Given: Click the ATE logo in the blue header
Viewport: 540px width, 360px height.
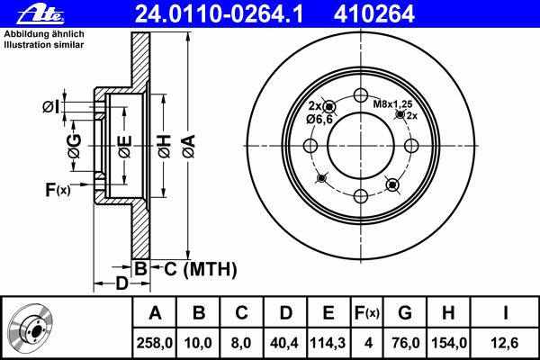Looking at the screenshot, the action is click(x=40, y=14).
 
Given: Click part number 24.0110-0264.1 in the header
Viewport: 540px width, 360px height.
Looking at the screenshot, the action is click(x=219, y=14).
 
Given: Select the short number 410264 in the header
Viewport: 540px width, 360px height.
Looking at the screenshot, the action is click(x=374, y=14).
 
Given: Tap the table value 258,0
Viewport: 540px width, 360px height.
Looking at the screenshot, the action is click(x=154, y=343).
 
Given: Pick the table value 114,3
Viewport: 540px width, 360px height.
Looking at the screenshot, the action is click(x=328, y=343).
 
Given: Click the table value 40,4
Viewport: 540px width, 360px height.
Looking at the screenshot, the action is click(x=284, y=343).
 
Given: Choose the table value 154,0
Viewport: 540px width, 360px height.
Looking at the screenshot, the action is click(x=449, y=343).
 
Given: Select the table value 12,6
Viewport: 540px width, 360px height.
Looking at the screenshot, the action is click(x=505, y=343).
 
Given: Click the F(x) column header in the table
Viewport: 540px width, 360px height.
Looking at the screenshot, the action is click(x=367, y=313).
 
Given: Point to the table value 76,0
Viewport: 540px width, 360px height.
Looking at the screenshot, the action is click(x=406, y=343).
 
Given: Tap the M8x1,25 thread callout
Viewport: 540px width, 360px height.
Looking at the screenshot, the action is click(x=393, y=103).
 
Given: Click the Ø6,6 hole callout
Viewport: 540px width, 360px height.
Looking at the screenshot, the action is click(x=319, y=120).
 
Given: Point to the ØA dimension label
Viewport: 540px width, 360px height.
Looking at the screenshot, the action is click(x=189, y=147).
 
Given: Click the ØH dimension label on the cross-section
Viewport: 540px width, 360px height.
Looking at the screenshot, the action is click(x=165, y=147).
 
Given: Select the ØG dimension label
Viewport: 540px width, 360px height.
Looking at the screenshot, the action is click(x=75, y=146).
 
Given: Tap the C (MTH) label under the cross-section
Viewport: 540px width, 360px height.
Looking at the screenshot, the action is click(x=201, y=269).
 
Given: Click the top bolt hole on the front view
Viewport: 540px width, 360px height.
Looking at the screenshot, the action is click(x=361, y=95).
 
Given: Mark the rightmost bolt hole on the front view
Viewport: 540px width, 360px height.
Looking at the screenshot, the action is click(x=411, y=146).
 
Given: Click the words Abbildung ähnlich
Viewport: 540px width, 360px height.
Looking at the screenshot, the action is click(x=44, y=34).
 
